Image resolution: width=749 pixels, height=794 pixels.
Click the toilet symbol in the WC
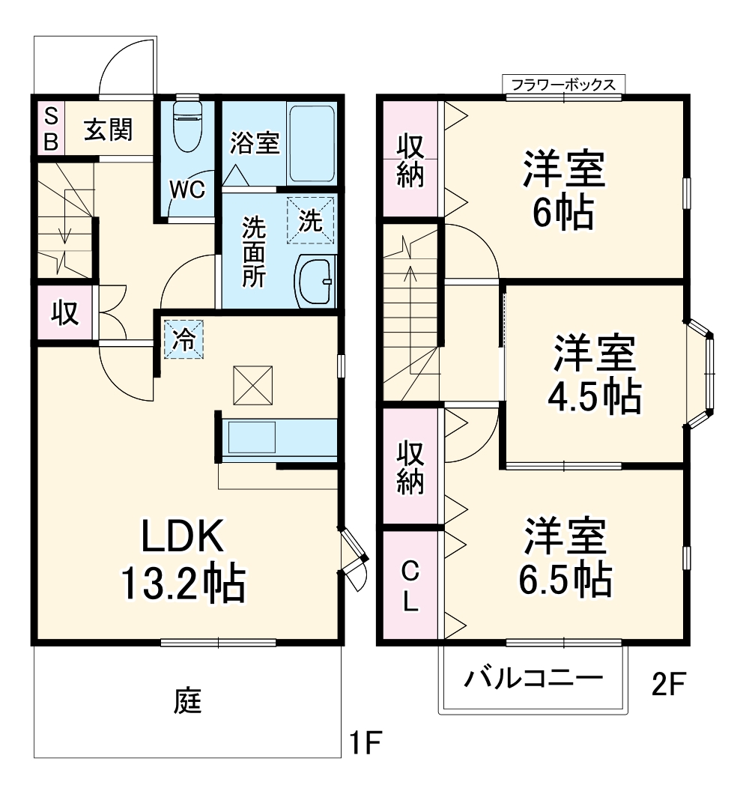(x=187, y=124)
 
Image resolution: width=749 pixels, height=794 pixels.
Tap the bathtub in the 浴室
(x=312, y=143)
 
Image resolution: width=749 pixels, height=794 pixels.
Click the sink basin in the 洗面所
(x=314, y=281)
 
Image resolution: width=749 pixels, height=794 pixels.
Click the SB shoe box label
(x=49, y=129)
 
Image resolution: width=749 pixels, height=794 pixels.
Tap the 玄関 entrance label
(x=108, y=130)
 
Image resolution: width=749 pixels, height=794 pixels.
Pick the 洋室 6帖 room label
(x=564, y=191)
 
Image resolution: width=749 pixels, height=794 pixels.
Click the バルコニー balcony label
(x=533, y=679)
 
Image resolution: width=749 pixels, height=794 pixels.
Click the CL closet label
(x=409, y=586)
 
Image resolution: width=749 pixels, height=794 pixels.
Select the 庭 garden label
(x=189, y=701)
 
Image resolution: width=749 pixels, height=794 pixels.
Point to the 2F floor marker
(x=669, y=685)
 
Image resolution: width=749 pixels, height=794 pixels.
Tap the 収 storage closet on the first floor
(x=64, y=312)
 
